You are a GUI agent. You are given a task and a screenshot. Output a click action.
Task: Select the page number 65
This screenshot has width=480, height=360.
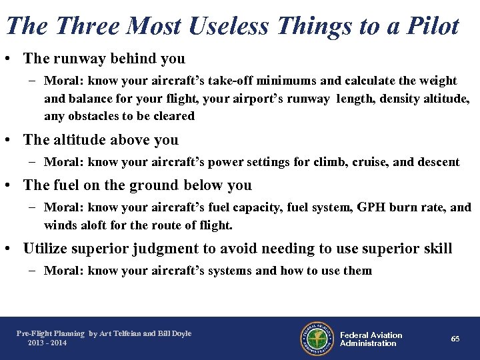[455, 339]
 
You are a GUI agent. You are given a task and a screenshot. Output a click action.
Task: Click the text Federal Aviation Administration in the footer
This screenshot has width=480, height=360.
[371, 339]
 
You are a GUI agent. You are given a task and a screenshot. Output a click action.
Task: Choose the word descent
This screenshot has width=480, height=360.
[437, 162]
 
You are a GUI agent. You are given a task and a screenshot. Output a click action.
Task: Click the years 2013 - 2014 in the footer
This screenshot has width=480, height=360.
[47, 343]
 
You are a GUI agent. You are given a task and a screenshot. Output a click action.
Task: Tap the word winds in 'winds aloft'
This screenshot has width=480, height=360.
[59, 225]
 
